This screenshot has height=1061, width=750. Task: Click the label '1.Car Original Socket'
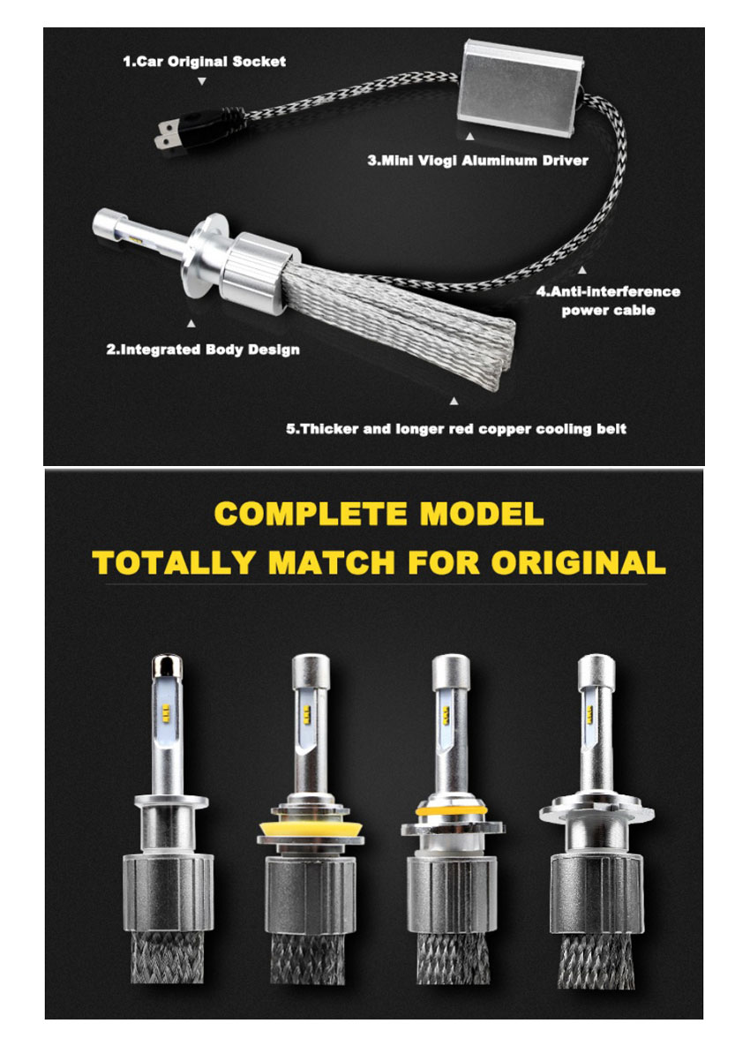205,62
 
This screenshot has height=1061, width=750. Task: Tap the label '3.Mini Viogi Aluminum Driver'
477,161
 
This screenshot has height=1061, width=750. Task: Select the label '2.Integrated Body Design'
203,350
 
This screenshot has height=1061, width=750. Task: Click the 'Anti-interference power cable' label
609,301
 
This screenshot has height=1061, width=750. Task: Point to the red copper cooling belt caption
456,429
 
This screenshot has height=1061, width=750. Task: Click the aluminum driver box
522,87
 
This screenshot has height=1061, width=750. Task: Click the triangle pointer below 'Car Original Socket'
202,81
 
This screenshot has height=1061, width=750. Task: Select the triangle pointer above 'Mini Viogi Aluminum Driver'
469,137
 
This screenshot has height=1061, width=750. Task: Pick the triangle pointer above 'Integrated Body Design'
191,324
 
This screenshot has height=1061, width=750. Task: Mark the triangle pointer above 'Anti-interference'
582,270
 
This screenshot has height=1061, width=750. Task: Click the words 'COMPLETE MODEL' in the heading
379,514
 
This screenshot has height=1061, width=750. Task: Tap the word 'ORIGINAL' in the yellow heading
578,562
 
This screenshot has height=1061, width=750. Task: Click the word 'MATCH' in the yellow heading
332,562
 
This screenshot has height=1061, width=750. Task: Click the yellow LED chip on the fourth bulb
589,713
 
